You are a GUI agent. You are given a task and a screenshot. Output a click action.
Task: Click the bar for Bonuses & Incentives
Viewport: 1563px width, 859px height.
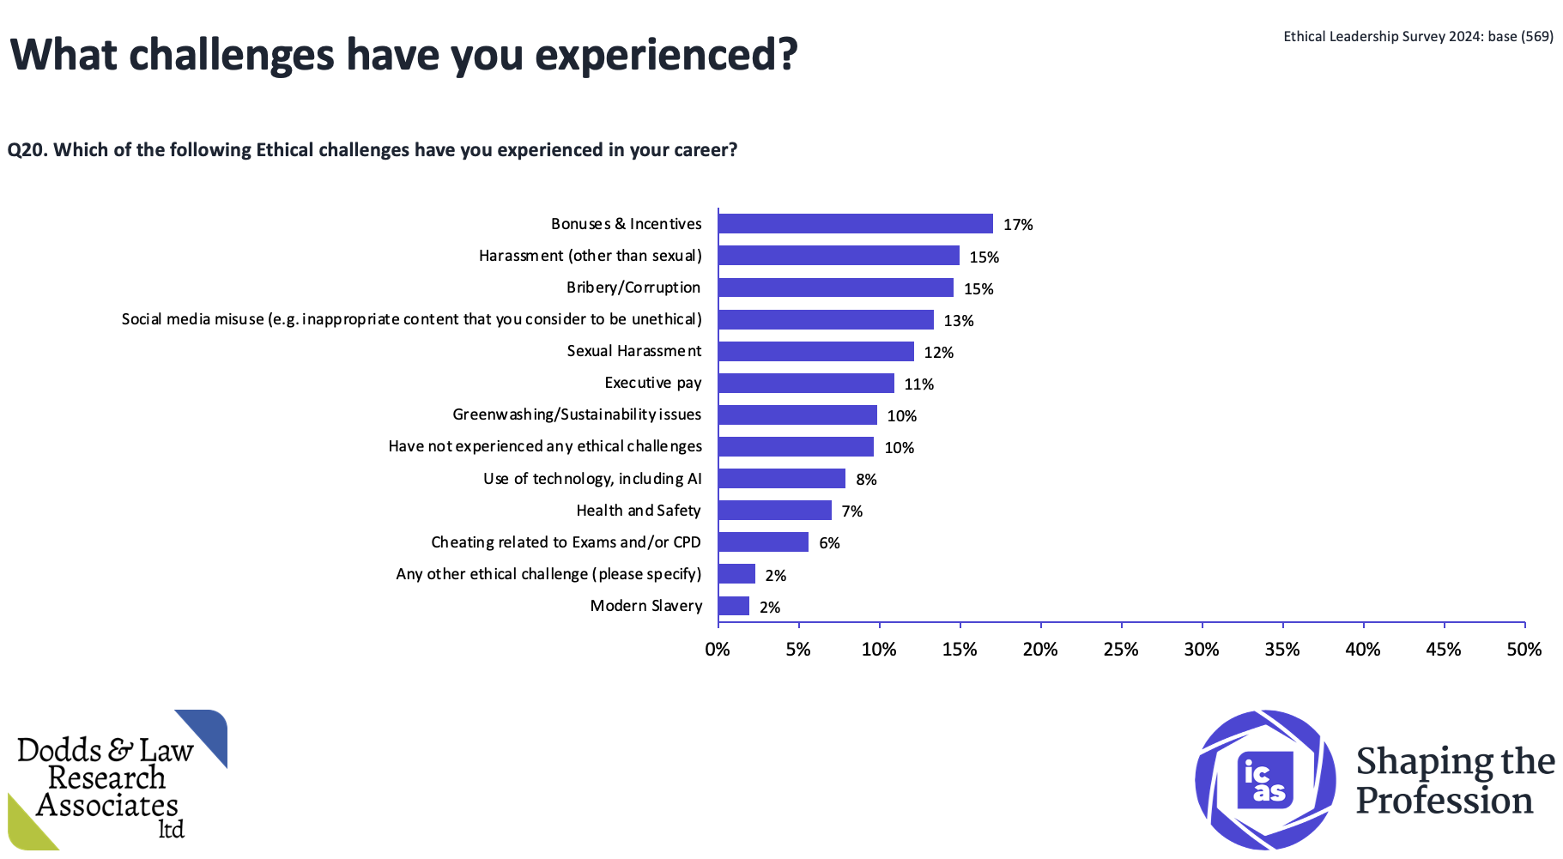pyautogui.click(x=855, y=224)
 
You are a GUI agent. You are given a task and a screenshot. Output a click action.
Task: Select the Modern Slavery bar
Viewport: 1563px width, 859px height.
pyautogui.click(x=734, y=607)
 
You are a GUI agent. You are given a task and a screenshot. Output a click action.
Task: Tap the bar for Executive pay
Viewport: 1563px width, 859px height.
pyautogui.click(x=806, y=384)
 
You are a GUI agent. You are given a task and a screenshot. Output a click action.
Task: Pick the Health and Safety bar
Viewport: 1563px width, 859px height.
pyautogui.click(x=775, y=511)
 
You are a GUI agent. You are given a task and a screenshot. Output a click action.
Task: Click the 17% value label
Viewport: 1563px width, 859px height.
pyautogui.click(x=1018, y=225)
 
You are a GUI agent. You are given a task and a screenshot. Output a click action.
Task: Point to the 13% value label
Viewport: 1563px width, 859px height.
pyautogui.click(x=959, y=321)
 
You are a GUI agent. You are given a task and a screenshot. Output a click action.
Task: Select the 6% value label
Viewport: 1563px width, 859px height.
pyautogui.click(x=829, y=543)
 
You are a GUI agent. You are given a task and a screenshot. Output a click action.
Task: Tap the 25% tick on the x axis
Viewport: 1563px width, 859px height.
pyautogui.click(x=1121, y=650)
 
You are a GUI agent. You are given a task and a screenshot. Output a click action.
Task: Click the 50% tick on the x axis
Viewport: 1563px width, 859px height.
pyautogui.click(x=1524, y=650)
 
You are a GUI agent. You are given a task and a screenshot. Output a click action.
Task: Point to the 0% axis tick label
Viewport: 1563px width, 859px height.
pyautogui.click(x=718, y=650)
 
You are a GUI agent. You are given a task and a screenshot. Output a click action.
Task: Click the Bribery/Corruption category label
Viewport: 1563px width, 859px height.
pyautogui.click(x=633, y=287)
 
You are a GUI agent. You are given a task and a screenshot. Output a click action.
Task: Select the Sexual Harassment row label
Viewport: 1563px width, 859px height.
pyautogui.click(x=634, y=351)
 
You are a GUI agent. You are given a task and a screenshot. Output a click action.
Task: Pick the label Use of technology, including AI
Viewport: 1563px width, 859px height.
pyautogui.click(x=592, y=479)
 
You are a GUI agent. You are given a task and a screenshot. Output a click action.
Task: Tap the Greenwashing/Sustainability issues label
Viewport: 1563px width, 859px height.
pyautogui.click(x=577, y=414)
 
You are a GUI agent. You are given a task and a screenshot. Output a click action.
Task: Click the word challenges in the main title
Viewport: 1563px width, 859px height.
pyautogui.click(x=232, y=55)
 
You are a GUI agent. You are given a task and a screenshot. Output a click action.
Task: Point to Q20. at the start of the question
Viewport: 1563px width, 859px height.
pyautogui.click(x=27, y=150)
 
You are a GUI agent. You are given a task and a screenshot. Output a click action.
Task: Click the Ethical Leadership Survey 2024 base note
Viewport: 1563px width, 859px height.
pyautogui.click(x=1418, y=36)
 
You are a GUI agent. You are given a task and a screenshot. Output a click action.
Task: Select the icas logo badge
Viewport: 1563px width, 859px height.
pyautogui.click(x=1265, y=779)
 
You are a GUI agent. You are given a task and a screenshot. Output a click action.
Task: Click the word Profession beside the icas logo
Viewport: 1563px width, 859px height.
pyautogui.click(x=1445, y=802)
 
